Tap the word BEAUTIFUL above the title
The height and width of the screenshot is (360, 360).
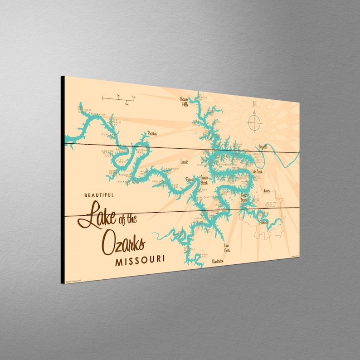tap(99, 195)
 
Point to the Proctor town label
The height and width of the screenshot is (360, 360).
tap(151, 133)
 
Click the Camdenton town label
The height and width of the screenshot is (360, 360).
tap(218, 261)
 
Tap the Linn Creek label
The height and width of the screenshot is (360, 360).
tap(227, 248)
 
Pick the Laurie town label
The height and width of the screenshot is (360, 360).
tap(184, 161)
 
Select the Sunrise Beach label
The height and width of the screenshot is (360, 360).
tap(200, 181)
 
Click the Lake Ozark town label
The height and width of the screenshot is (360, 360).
tap(257, 172)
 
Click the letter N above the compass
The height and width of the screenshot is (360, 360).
tap(254, 104)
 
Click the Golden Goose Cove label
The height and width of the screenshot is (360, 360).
tap(107, 153)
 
